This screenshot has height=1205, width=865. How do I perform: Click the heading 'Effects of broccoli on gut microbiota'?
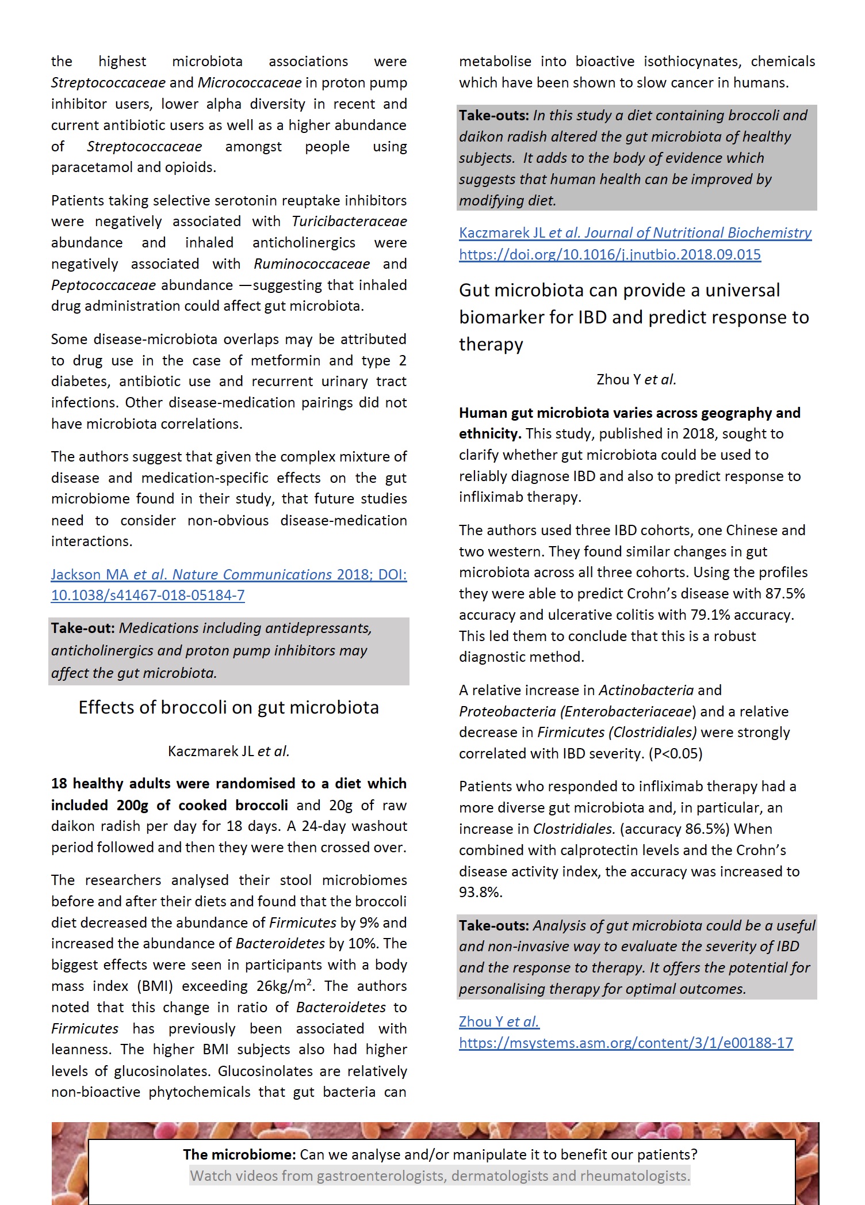228,707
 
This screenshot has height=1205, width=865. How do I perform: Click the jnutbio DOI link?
610,254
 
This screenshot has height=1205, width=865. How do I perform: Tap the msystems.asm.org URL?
626,1043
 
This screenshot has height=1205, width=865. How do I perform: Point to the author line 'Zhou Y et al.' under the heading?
636,380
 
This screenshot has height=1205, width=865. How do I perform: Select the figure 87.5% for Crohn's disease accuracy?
784,594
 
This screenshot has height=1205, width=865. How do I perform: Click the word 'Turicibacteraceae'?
349,222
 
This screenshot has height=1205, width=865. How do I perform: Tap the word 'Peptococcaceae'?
104,285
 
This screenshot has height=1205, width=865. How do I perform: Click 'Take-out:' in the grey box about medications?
83,628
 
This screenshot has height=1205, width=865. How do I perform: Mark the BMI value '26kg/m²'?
284,986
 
